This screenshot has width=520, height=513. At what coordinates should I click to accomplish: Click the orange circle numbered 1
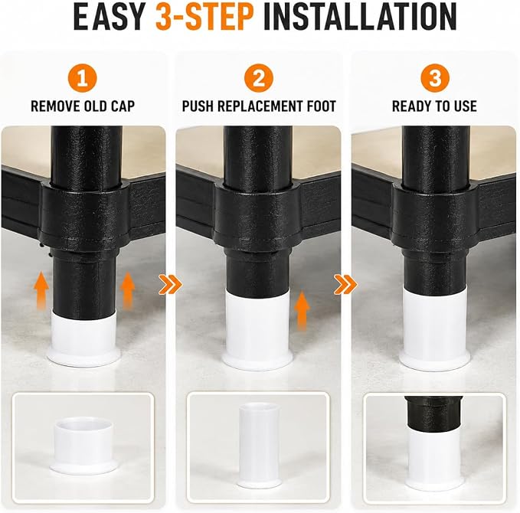coord(82,78)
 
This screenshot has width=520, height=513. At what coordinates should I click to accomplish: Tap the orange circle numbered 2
coord(259,78)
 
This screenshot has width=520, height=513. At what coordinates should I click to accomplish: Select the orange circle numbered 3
coord(435,78)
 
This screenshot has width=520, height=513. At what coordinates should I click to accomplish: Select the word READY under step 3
coord(411,106)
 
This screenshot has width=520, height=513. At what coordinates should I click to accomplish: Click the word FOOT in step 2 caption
coord(319,106)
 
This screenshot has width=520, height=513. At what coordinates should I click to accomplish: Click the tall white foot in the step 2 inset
coord(259,446)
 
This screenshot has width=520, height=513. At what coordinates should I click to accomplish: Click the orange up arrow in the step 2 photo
coord(302,310)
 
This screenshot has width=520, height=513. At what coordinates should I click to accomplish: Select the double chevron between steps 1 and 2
coord(171,284)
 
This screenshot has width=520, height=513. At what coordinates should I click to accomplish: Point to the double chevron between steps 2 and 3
coord(346,284)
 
